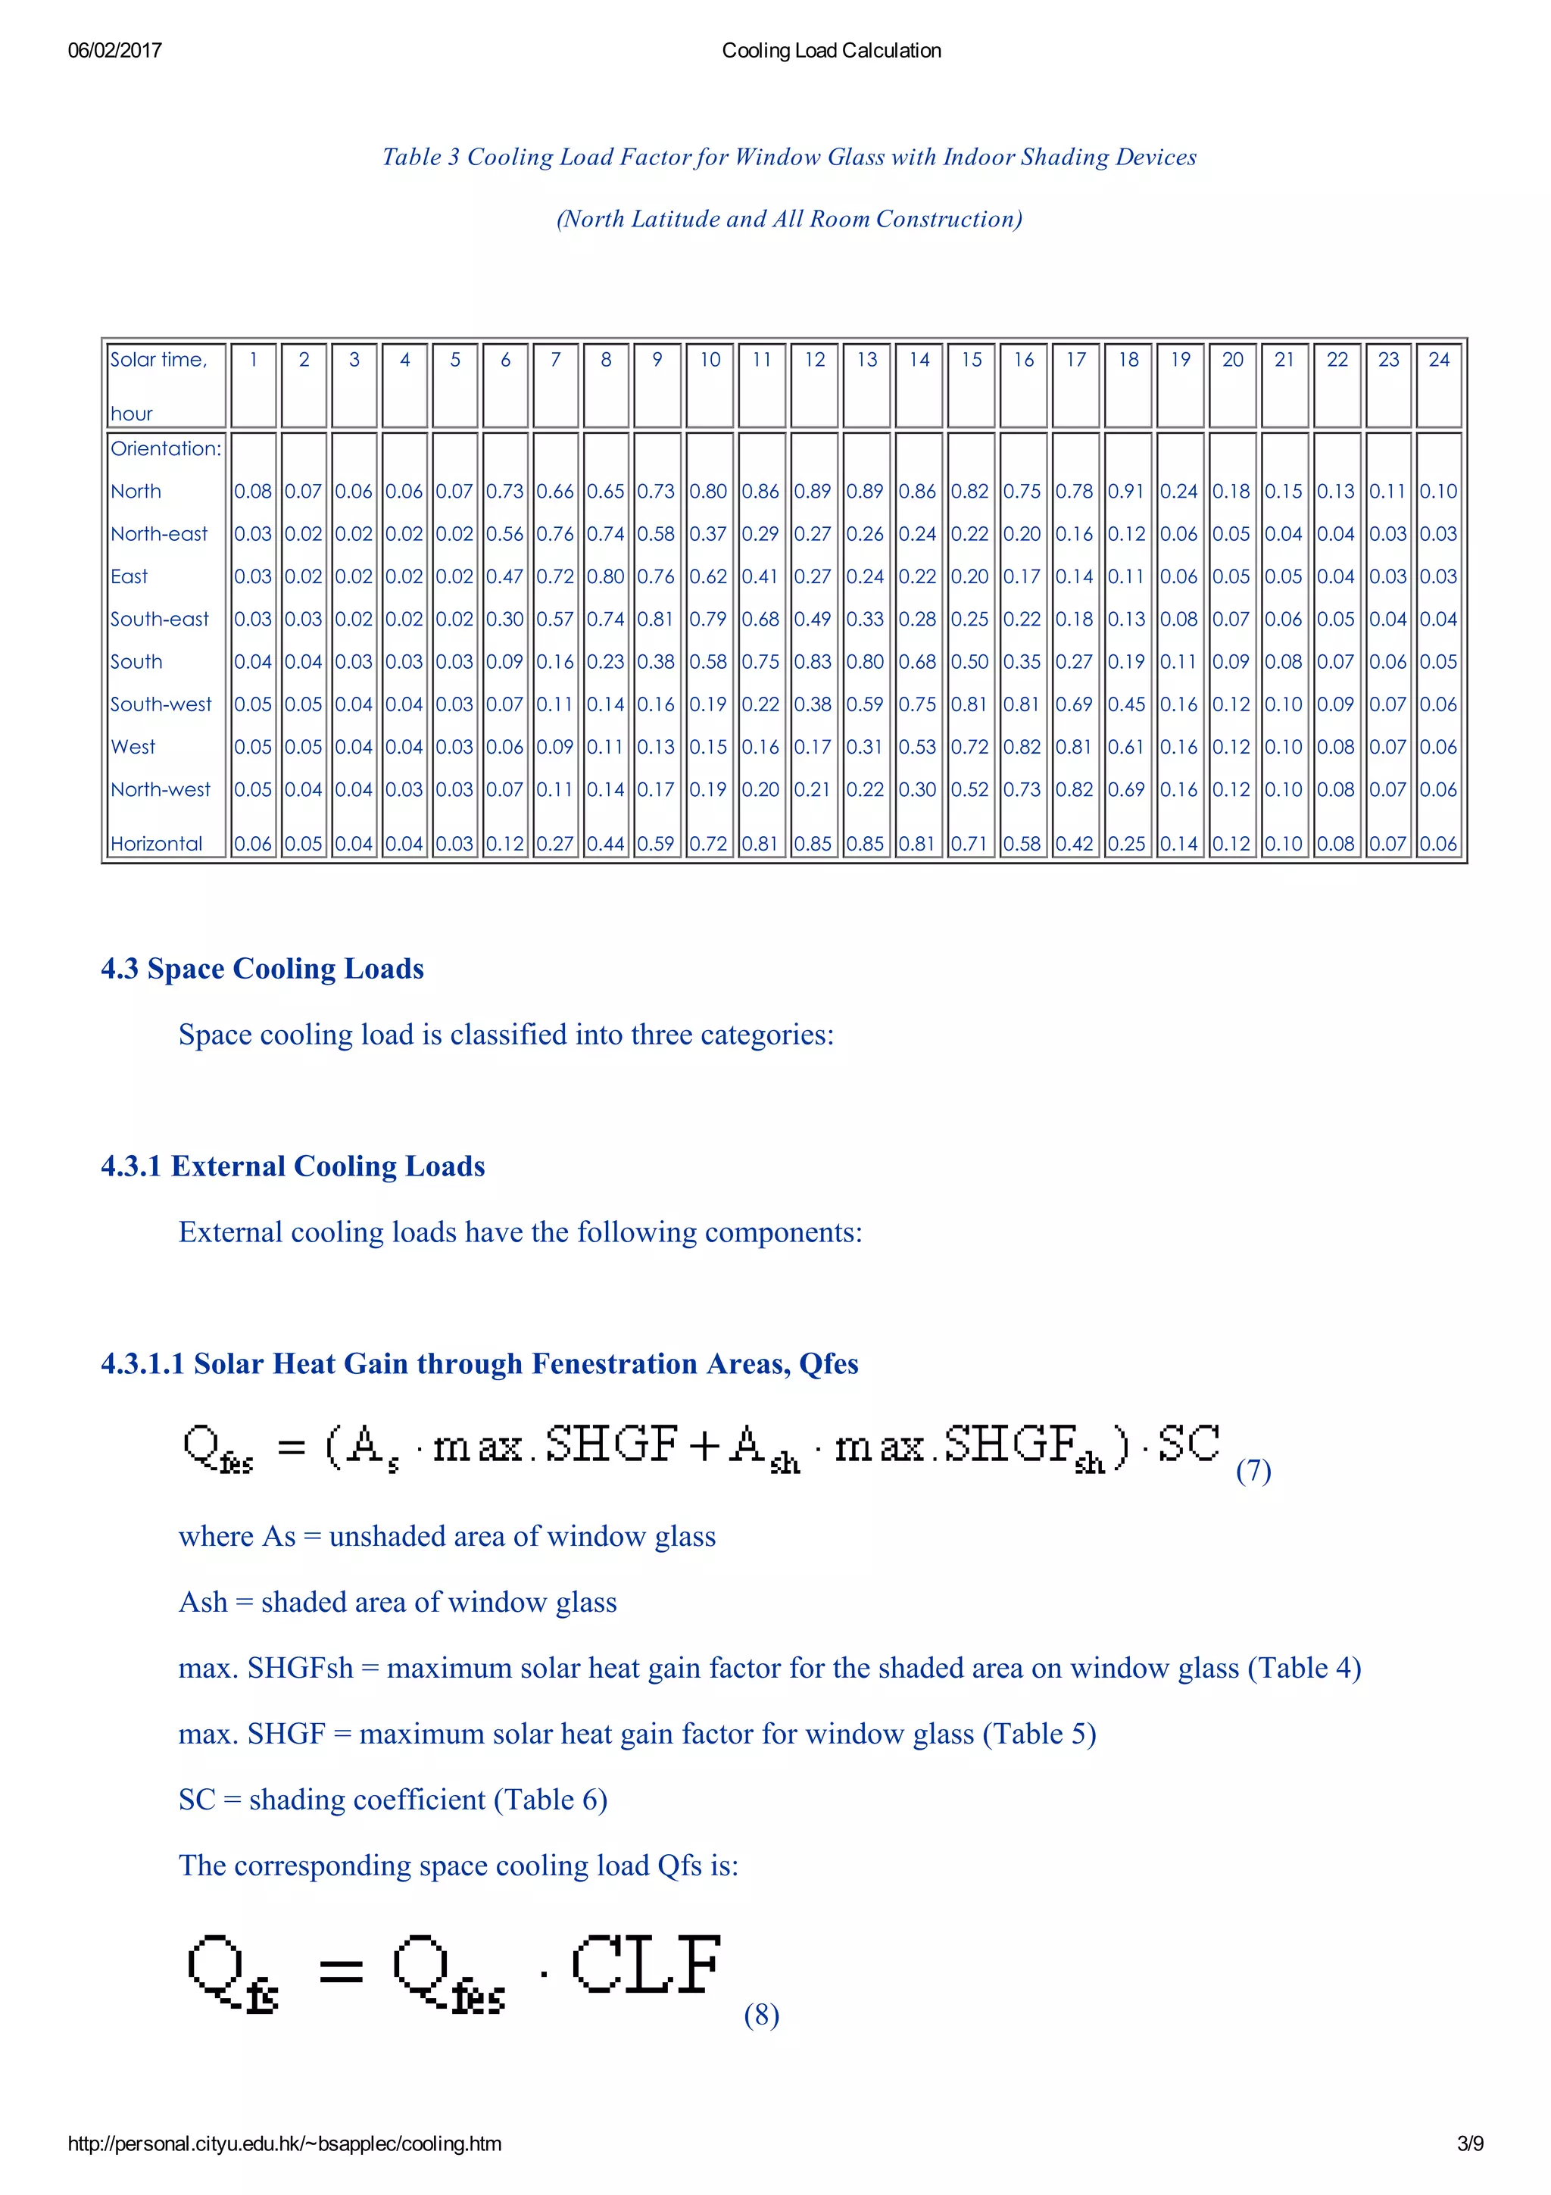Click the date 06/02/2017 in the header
[x=114, y=51]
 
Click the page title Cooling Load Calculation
[x=831, y=51]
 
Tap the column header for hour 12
[x=814, y=361]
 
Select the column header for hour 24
[x=1438, y=361]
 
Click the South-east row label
[x=158, y=620]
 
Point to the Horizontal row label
[x=156, y=845]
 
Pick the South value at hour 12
[x=813, y=661]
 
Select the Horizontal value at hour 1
[x=252, y=845]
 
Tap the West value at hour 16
[x=1022, y=747]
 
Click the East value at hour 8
[x=605, y=576]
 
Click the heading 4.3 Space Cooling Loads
[x=262, y=969]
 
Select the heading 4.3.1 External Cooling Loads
[x=292, y=1166]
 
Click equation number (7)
[x=1253, y=1470]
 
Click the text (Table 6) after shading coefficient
[x=551, y=1800]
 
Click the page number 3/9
[x=1470, y=2144]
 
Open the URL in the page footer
[x=284, y=2144]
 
